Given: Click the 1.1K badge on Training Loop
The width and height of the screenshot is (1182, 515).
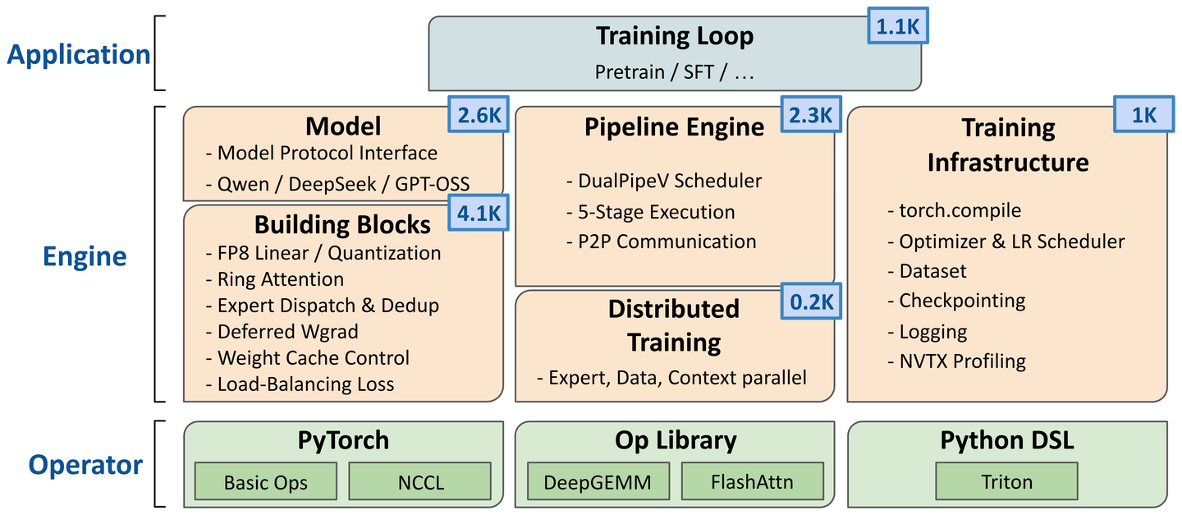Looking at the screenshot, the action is click(898, 26).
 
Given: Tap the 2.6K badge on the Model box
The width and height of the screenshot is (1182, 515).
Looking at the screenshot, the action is click(479, 114).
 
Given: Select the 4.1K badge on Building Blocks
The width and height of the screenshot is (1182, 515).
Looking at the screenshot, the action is click(479, 213).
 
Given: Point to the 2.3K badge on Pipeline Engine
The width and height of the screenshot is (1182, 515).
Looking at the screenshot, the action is click(811, 114).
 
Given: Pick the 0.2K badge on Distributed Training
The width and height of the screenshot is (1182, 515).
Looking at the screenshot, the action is click(811, 301).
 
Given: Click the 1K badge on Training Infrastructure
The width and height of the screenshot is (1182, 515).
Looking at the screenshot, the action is click(1144, 114).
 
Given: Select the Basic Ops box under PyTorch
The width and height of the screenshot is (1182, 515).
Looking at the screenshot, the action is click(265, 481).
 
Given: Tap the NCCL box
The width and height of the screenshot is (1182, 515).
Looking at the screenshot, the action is click(420, 481).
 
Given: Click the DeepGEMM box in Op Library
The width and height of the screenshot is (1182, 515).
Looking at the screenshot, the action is click(598, 481).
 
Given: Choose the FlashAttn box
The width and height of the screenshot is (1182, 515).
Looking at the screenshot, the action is click(753, 481).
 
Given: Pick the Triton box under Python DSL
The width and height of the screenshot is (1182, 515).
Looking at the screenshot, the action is click(1007, 481).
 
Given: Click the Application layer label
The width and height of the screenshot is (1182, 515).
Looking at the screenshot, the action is click(79, 54).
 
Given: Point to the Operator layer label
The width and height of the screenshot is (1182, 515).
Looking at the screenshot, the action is click(85, 465).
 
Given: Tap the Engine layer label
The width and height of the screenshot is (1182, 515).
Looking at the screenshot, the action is click(85, 256).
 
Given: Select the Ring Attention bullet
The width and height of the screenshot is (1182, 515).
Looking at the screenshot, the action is click(274, 279).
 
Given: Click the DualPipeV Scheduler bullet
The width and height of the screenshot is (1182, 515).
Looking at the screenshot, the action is click(664, 181).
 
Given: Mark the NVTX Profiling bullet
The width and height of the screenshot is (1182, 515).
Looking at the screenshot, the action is click(957, 361).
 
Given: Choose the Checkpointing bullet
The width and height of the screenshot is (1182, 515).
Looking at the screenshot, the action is click(956, 301).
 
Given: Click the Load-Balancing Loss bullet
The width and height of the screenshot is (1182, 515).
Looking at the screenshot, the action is click(300, 384).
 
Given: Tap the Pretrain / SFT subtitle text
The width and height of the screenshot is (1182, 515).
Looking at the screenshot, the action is click(675, 71).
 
